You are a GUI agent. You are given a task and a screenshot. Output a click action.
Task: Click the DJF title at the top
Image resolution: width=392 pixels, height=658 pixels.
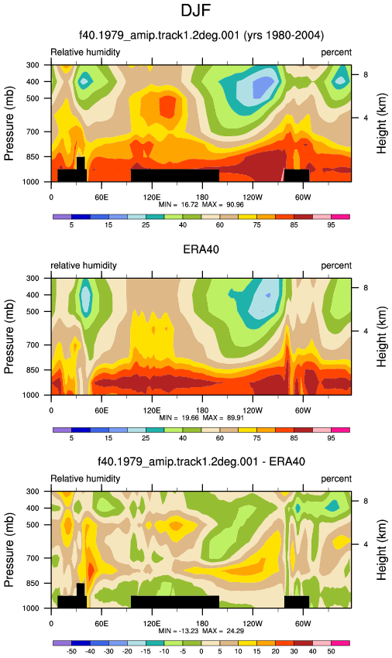point(195,10)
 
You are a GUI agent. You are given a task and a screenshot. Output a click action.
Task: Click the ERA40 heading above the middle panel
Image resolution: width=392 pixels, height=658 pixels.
point(201,249)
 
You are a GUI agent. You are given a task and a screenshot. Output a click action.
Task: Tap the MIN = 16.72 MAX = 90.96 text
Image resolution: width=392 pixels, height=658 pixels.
point(201,205)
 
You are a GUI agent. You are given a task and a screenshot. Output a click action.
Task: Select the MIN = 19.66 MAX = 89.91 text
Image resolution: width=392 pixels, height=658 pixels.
point(201,418)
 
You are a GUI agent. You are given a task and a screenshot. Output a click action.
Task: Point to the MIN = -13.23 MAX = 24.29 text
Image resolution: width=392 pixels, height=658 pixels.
point(201,631)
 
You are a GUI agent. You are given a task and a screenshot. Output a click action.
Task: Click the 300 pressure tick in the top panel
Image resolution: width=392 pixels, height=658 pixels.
point(33,65)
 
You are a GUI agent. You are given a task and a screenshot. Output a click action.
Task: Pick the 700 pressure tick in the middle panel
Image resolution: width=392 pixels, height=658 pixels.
point(33,345)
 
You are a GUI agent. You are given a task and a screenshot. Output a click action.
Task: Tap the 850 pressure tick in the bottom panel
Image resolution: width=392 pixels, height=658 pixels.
point(33,584)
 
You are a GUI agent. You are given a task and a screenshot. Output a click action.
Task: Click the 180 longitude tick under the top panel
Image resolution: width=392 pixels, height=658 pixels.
point(202,197)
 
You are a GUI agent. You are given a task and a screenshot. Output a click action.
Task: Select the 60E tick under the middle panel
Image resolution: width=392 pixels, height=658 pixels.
point(101,411)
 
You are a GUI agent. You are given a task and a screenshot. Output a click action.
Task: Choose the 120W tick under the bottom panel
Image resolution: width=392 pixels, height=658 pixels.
point(253,624)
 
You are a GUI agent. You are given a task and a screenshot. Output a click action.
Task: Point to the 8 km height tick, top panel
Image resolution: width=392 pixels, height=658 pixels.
point(366,74)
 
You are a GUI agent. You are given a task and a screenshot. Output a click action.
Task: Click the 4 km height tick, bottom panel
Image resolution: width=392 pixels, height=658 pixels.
point(366,544)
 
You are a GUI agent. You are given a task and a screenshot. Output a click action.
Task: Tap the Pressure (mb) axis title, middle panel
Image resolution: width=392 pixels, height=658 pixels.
point(9,337)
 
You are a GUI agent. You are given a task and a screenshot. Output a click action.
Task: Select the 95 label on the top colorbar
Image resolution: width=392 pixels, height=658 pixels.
point(331,225)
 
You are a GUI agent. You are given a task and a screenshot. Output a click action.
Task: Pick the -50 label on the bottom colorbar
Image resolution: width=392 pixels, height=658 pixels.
point(71,651)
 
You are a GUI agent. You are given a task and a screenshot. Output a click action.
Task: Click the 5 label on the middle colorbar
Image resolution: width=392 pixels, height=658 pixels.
point(71,438)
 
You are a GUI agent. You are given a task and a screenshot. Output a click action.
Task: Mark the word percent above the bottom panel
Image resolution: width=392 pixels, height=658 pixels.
point(336,479)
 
